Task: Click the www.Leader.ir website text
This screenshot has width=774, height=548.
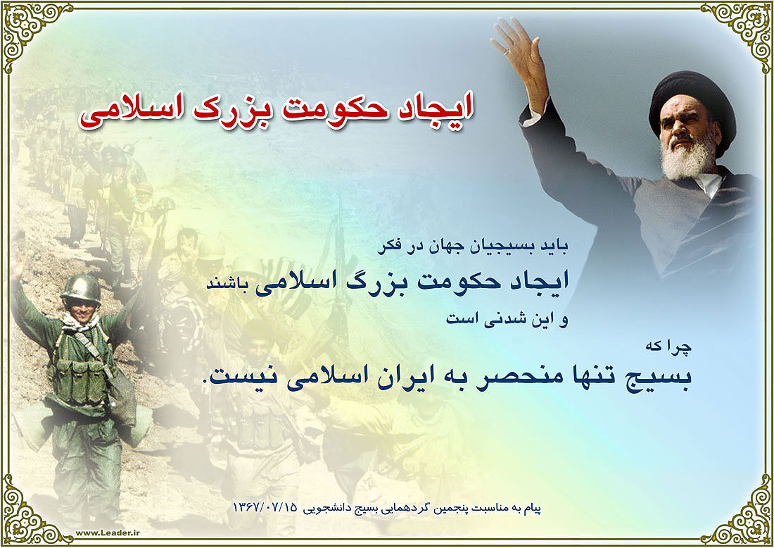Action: pos(108,533)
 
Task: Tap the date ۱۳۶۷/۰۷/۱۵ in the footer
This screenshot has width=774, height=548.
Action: pos(265,508)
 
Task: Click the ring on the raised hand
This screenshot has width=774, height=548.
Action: pos(506,50)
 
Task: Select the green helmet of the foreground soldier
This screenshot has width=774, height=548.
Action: pos(81,288)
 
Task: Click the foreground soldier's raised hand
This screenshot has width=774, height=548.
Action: pos(18,264)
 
